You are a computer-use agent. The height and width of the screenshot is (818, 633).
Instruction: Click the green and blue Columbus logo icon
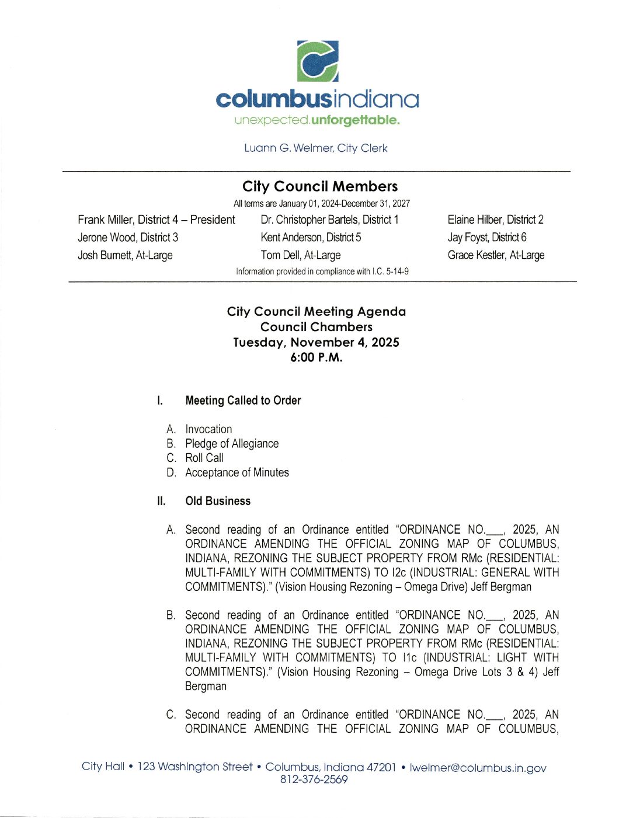[x=318, y=61]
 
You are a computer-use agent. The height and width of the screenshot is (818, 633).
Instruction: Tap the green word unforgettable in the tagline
[x=355, y=120]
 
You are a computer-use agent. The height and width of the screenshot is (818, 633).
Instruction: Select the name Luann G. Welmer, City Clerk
[x=315, y=148]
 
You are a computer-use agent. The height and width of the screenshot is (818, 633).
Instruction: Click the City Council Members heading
[x=320, y=186]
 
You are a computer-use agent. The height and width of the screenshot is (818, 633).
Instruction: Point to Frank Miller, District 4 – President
[x=156, y=220]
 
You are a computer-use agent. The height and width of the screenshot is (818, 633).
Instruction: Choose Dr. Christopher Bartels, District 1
[x=329, y=220]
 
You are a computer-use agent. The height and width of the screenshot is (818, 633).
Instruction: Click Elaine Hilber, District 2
[x=495, y=220]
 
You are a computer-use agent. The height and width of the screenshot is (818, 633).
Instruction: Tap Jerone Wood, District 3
[x=128, y=237]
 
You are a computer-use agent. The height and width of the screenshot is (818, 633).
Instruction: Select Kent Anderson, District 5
[x=311, y=237]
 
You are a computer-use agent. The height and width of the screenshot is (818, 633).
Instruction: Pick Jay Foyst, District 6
[x=487, y=237]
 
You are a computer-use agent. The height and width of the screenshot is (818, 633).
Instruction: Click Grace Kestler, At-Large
[x=496, y=255]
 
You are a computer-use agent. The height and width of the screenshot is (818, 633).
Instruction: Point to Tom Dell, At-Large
[x=300, y=255]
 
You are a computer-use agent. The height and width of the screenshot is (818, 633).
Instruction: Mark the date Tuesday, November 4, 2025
[x=316, y=342]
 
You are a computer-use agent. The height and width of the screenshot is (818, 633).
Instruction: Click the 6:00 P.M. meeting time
[x=316, y=357]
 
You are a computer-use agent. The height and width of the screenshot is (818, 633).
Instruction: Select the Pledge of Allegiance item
[x=232, y=444]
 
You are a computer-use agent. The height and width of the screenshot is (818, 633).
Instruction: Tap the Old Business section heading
[x=218, y=501]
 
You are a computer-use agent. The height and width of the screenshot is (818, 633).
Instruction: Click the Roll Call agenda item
[x=204, y=458]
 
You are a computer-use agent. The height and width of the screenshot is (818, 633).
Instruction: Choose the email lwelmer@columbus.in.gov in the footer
[x=478, y=768]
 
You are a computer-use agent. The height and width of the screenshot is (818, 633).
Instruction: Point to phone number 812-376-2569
[x=314, y=779]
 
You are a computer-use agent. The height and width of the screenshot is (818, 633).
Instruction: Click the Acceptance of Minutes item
[x=237, y=472]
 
